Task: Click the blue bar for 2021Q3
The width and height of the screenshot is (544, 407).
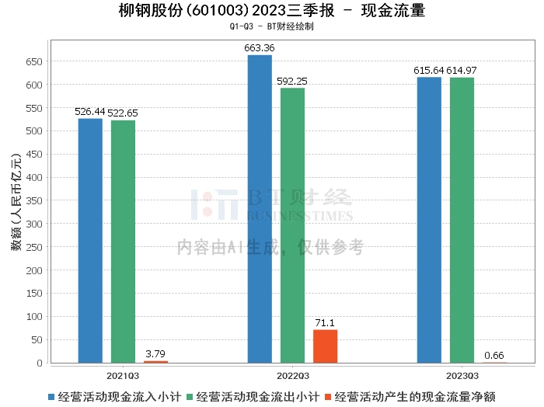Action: tap(90, 241)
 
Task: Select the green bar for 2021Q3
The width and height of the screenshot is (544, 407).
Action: tap(123, 242)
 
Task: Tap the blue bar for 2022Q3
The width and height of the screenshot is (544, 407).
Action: tap(260, 209)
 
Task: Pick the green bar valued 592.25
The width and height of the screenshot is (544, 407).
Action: tap(292, 225)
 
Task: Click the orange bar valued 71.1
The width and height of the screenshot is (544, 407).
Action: tap(325, 346)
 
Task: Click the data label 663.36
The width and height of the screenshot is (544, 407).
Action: tap(260, 48)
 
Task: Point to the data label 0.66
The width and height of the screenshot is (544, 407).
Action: tap(494, 356)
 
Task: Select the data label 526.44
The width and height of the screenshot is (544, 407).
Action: tap(89, 112)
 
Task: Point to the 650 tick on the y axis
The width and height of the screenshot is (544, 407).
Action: tap(34, 61)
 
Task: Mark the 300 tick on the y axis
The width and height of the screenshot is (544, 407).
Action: tap(34, 224)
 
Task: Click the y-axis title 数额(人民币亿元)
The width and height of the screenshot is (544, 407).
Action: tap(16, 210)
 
